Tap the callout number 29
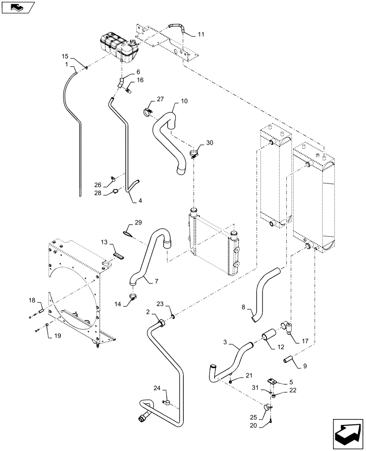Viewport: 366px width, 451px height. (x=138, y=223)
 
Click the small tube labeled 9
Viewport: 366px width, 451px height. (x=289, y=361)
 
